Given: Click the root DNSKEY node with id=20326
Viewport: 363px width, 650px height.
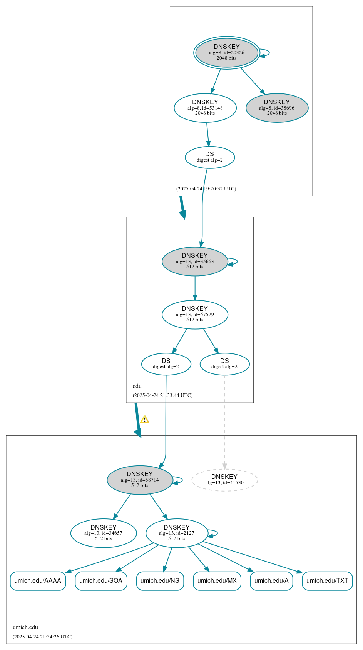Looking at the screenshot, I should [x=226, y=53].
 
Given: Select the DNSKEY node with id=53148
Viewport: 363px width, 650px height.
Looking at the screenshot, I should [x=205, y=108].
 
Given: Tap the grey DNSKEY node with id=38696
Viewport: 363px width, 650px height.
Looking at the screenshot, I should [x=277, y=108].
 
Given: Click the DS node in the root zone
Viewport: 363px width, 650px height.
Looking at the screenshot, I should [x=209, y=157].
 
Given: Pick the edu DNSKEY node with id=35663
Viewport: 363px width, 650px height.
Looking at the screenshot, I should [x=195, y=262].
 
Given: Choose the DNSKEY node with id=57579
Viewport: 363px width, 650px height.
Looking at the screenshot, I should [x=195, y=315].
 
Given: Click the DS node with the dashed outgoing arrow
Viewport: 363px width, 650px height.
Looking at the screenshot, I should [x=224, y=364].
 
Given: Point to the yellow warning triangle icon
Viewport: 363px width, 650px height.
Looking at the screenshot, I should [x=144, y=420].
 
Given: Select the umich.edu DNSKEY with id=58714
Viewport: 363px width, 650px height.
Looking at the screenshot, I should [x=140, y=480].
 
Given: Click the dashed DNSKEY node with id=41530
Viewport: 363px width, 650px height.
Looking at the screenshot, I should [x=224, y=480].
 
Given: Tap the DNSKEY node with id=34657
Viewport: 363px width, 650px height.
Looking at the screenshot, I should [x=104, y=533].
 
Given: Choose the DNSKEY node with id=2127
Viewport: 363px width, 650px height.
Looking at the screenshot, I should [x=177, y=533].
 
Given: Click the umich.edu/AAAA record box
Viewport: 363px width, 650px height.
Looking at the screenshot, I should [x=38, y=581].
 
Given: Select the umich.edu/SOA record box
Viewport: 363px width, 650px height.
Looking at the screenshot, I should [x=101, y=581].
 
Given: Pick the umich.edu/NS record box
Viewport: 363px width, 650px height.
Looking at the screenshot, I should [x=160, y=581].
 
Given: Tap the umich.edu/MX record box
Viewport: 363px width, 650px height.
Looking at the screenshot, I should [x=217, y=581].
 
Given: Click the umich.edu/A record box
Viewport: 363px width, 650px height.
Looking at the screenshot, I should [x=271, y=581].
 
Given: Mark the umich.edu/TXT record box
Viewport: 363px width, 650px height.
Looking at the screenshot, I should [x=327, y=581].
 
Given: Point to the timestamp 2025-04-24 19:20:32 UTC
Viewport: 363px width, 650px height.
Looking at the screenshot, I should [x=206, y=189].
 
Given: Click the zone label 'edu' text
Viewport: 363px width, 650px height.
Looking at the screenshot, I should [x=137, y=386].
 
